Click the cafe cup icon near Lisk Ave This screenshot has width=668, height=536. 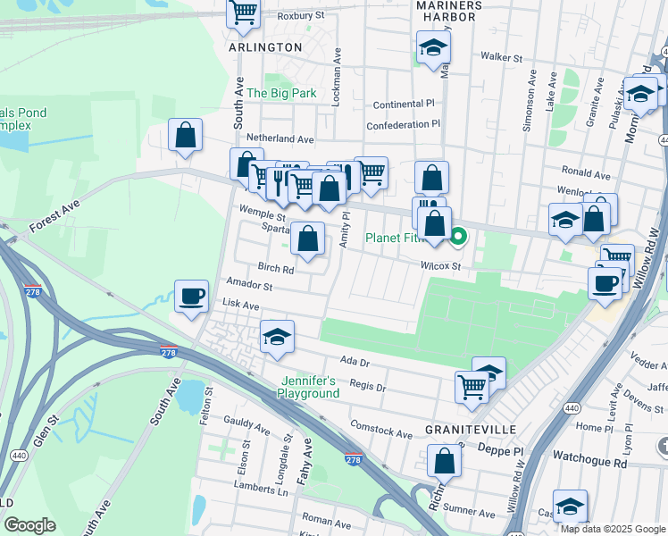point(190,297)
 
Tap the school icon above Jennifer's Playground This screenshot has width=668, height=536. point(277,337)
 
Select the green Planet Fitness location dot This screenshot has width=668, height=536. point(459,237)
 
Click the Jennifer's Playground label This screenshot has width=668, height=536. point(307,387)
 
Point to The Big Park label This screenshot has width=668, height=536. point(281,93)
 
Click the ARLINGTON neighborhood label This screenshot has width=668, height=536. point(265,46)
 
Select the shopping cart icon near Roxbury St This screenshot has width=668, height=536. point(243,13)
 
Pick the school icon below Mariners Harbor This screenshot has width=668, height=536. point(433,46)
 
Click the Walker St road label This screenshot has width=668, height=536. point(500,57)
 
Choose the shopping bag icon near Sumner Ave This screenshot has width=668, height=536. point(443,461)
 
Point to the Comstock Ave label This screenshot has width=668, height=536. point(381,429)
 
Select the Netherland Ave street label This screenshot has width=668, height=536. point(280,139)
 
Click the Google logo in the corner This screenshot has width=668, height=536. point(30,525)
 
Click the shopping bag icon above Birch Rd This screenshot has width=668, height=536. point(307,239)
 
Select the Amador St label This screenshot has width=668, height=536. point(249,286)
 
